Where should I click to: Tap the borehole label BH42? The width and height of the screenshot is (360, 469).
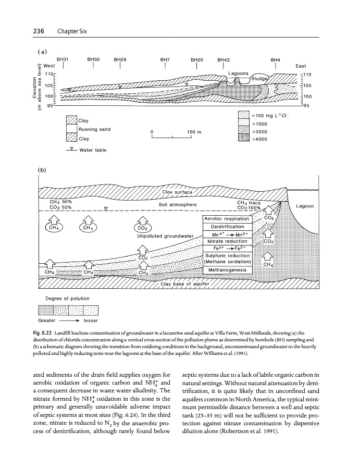tap(224, 60)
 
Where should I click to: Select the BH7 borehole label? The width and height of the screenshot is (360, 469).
tap(165, 60)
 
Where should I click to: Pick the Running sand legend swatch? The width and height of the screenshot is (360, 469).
tap(71, 129)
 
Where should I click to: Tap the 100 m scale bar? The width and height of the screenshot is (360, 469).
tap(172, 138)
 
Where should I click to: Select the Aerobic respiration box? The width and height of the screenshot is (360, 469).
tap(227, 219)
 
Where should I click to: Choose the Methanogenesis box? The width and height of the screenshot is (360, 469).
tap(227, 270)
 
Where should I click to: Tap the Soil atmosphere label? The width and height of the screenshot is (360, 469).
tap(178, 204)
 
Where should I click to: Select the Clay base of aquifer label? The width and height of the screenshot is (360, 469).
tap(185, 284)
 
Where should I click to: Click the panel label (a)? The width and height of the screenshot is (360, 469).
tap(41, 51)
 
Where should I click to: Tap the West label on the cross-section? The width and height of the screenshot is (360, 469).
tap(49, 66)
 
